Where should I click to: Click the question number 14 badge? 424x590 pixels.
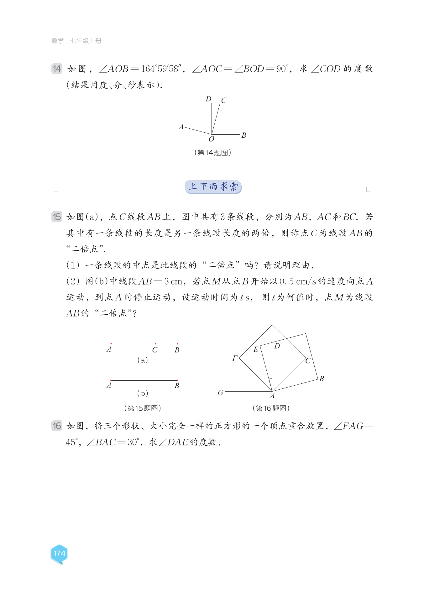[x=57, y=69]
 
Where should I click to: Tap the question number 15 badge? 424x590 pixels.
[x=57, y=217]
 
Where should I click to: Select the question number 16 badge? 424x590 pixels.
[x=57, y=426]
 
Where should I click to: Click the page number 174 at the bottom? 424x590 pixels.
[x=59, y=553]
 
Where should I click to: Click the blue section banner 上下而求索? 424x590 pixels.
[x=213, y=187]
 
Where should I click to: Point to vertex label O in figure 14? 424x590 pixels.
[x=212, y=139]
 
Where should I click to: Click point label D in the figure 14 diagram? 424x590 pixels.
[x=208, y=99]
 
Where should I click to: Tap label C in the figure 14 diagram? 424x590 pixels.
[x=223, y=100]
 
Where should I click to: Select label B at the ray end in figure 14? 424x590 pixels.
[x=244, y=135]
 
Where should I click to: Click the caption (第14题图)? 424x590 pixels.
[x=213, y=152]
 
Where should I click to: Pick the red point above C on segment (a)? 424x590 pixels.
[x=156, y=344]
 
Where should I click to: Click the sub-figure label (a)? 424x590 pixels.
[x=143, y=360]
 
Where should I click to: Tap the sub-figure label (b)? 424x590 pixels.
[x=143, y=393]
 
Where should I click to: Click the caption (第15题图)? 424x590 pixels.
[x=143, y=408]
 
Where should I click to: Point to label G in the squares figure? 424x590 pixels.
[x=221, y=393]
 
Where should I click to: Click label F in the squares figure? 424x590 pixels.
[x=235, y=358]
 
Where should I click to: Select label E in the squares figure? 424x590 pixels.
[x=256, y=350]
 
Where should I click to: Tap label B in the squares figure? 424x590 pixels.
[x=322, y=379]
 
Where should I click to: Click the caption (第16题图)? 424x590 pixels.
[x=271, y=408]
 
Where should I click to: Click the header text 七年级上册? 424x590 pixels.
[x=86, y=41]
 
